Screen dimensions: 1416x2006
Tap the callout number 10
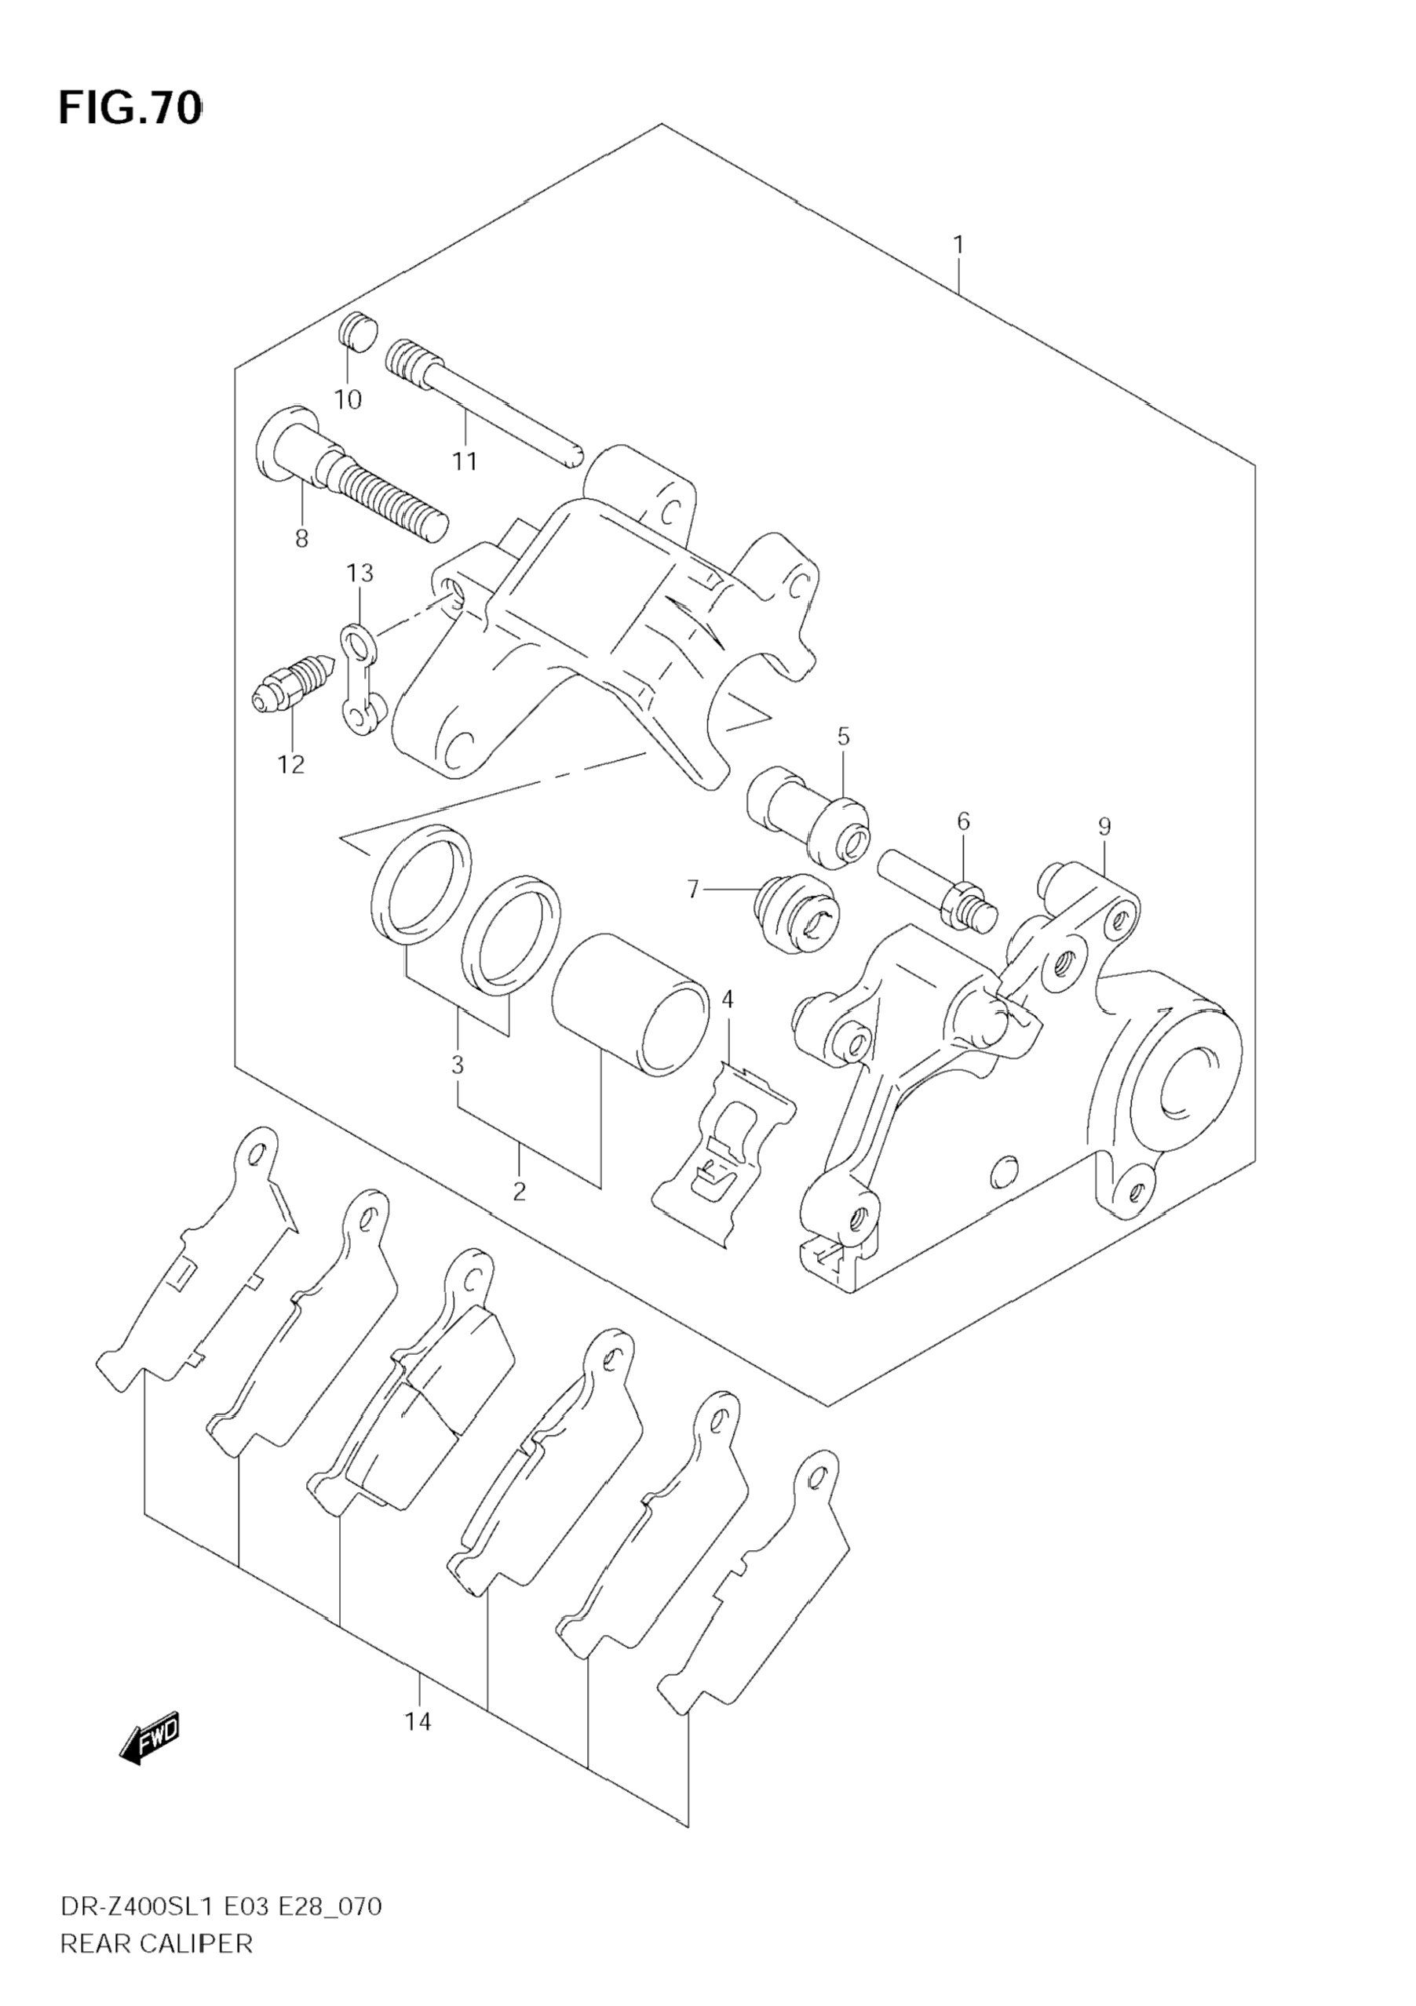click(x=348, y=400)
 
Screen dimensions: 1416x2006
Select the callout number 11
click(x=464, y=461)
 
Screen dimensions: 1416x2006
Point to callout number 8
click(x=301, y=539)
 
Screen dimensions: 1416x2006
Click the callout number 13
click(x=359, y=573)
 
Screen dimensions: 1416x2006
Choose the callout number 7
click(x=693, y=890)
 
